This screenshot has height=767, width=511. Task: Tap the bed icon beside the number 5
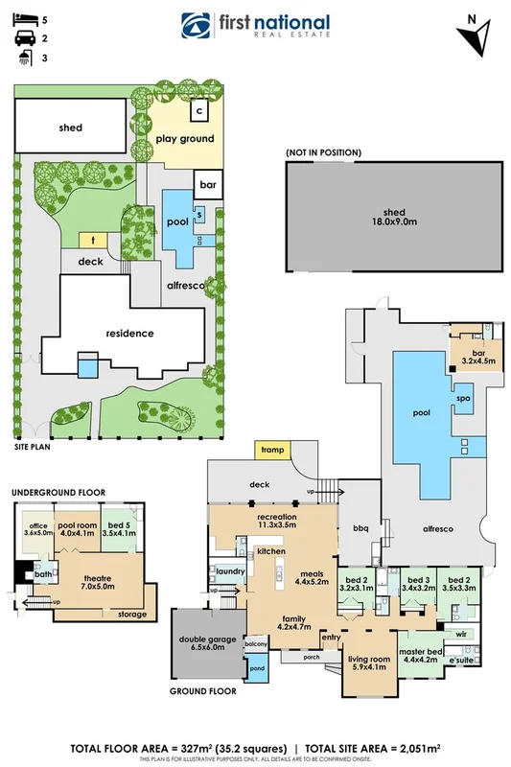click(22, 19)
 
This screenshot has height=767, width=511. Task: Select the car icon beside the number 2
click(22, 39)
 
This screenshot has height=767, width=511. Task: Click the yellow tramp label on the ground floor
click(271, 449)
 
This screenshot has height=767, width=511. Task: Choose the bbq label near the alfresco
click(360, 527)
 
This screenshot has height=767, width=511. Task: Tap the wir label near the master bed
click(460, 634)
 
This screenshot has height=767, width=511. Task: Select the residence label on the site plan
click(130, 334)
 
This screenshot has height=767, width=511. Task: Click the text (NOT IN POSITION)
click(323, 152)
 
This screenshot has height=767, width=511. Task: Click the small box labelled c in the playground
click(199, 110)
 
